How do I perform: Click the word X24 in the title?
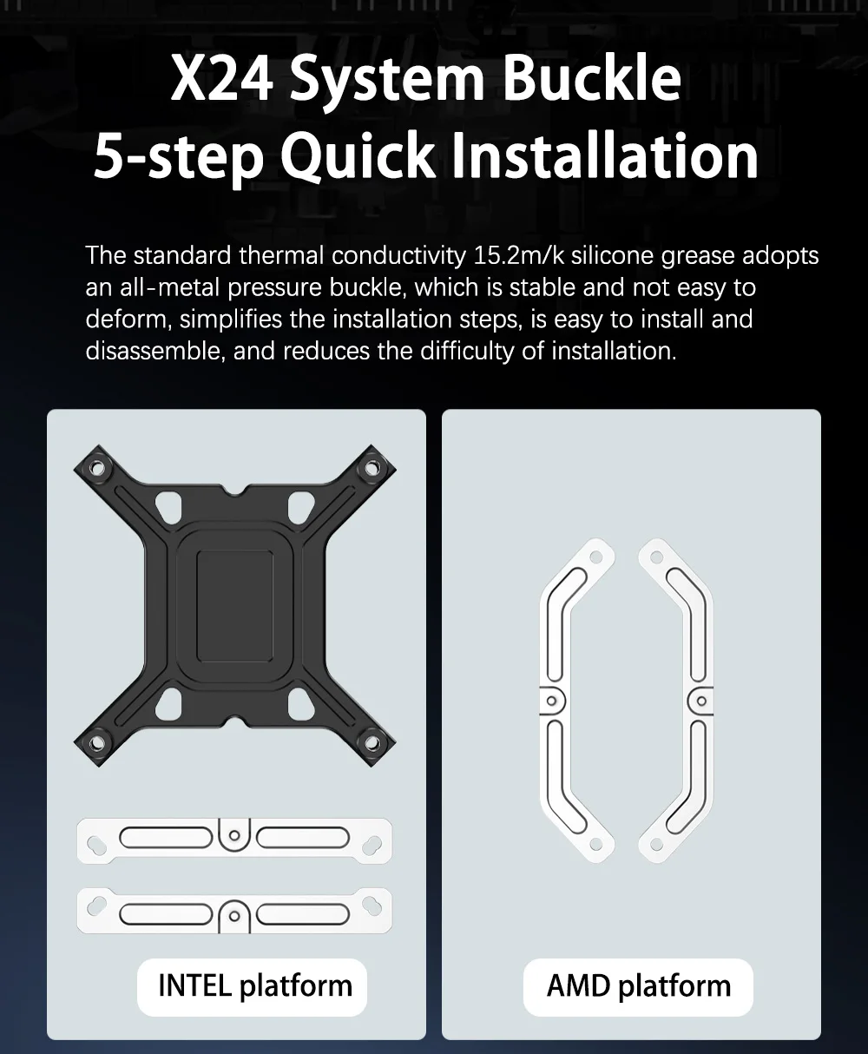(222, 78)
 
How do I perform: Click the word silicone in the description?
(612, 255)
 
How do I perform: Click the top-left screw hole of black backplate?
(97, 469)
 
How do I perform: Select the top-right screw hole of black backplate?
(372, 469)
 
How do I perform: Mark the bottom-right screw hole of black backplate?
(372, 742)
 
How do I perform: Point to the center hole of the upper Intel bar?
(234, 835)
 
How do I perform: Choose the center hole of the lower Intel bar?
(234, 916)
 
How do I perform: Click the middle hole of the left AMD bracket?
(551, 702)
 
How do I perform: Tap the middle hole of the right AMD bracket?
(701, 702)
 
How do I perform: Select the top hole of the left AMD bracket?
(596, 557)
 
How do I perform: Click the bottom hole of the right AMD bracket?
(656, 844)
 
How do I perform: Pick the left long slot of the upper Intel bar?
(166, 838)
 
